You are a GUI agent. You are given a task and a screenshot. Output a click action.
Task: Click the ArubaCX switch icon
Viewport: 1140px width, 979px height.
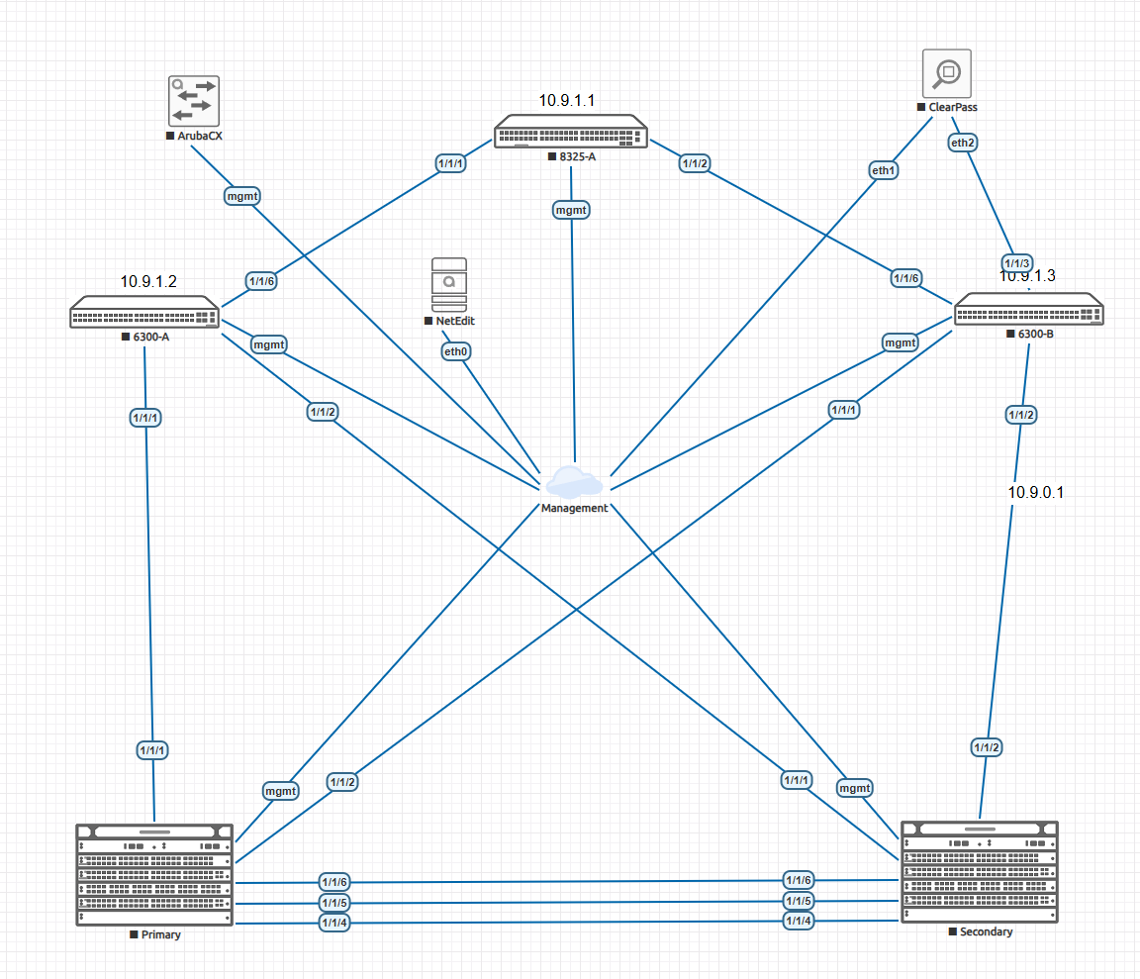pos(193,100)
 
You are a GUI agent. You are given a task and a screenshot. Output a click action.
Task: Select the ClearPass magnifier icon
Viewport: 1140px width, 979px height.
pos(946,73)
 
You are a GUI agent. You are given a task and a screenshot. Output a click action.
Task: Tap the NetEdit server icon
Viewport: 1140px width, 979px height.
pos(449,285)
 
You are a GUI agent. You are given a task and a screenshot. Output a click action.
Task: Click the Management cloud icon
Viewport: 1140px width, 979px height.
pos(574,481)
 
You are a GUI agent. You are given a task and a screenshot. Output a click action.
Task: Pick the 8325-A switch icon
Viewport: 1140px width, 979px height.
pos(571,132)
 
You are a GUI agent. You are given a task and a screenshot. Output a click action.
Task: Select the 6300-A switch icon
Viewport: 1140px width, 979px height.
pos(144,312)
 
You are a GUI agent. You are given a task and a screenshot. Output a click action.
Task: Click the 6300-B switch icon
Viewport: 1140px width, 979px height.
pos(1028,310)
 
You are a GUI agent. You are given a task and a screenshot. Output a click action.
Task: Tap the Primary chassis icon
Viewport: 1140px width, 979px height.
pos(155,874)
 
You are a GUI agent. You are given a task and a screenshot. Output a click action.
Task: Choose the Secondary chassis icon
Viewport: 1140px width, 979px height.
pos(980,872)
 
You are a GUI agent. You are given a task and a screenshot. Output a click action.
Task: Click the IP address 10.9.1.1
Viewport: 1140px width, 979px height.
pos(566,100)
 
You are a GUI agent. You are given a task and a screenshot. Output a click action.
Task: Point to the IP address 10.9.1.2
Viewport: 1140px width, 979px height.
pos(148,281)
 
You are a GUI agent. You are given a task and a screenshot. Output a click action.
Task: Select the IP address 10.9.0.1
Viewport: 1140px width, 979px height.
pos(1035,492)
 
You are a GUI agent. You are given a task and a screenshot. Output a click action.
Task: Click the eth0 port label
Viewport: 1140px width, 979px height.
pos(455,350)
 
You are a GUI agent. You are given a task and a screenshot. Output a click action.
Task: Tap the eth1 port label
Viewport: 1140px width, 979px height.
pos(884,169)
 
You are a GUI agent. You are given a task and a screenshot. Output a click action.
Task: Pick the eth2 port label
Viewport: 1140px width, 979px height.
pos(963,143)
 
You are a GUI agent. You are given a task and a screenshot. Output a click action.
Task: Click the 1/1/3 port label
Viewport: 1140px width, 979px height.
pos(1017,262)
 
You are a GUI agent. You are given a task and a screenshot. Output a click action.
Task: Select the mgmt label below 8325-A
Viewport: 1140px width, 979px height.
pos(571,209)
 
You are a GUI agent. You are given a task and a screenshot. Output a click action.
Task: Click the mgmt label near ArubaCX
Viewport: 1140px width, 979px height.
pos(242,195)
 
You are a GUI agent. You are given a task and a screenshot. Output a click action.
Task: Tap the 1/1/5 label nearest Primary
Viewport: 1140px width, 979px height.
pos(334,902)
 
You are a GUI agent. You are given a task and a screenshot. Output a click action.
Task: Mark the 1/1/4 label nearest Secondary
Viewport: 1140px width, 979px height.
pos(798,922)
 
